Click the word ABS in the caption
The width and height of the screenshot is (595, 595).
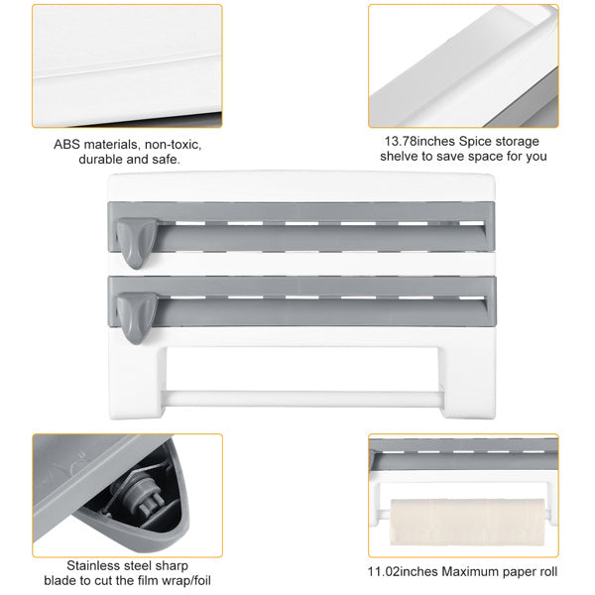click(x=68, y=143)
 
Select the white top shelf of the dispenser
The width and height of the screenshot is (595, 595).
click(x=297, y=184)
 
